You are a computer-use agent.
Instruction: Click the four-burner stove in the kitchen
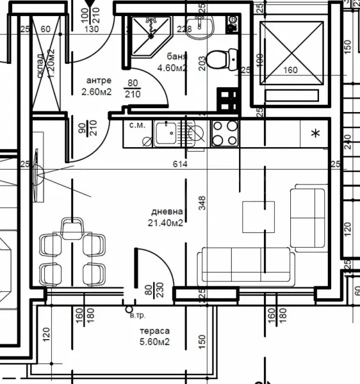pos(224,133)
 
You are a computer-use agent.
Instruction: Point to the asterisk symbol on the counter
pos(315,134)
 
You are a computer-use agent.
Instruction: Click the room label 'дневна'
pos(167,212)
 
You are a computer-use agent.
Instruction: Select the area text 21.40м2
pos(166,223)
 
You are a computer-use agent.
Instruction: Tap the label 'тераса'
pos(154,332)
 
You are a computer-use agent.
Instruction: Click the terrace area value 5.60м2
pos(154,342)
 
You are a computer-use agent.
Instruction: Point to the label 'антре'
pos(99,81)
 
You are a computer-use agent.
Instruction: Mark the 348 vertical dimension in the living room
pos(202,202)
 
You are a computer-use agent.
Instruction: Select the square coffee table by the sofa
pos(260,217)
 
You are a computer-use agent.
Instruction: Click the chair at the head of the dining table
pos(72,227)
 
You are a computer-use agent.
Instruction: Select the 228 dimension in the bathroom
pos(184,28)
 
